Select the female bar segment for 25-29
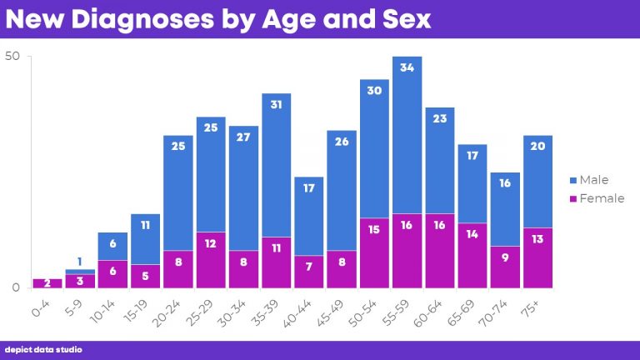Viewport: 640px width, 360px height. pos(211,260)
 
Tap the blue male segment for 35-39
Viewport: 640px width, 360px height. pos(276,165)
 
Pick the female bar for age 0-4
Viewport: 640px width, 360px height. pos(47,283)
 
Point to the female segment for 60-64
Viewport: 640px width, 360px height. pos(439,251)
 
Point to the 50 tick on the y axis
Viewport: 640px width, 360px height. pos(12,57)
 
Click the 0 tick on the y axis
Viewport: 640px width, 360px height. pos(15,287)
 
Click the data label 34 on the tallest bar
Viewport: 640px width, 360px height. pos(407,68)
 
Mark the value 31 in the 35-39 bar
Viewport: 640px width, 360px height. pos(276,105)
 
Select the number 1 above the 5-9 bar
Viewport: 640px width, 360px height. pos(80,262)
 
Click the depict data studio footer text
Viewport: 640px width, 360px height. pos(43,350)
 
